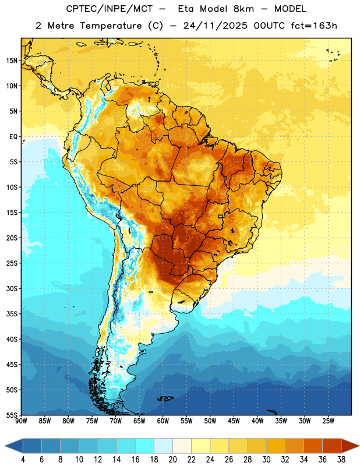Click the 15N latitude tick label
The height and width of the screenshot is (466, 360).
[x=12, y=61]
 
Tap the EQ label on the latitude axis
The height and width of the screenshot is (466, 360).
[x=13, y=137]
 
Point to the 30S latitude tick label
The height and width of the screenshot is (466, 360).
[x=12, y=288]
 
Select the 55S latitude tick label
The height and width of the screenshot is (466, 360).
[x=12, y=415]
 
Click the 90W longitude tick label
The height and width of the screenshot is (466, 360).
[x=21, y=421]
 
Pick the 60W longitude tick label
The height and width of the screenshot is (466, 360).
[x=163, y=421]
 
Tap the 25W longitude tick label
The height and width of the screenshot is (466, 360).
[x=328, y=421]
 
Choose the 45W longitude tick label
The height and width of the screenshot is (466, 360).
[x=234, y=421]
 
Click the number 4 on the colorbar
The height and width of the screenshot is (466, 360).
[x=23, y=460]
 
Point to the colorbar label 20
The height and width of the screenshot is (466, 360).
[x=172, y=460]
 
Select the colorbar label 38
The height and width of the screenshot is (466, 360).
[x=341, y=460]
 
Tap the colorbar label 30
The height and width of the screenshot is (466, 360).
[x=266, y=460]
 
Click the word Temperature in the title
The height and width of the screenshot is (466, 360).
[x=111, y=26]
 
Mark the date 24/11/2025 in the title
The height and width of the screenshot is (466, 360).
[x=215, y=26]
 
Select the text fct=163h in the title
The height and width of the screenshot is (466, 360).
[x=314, y=26]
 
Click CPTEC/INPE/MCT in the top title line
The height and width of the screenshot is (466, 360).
[x=110, y=9]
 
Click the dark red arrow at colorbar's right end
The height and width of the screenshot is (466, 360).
[x=350, y=446]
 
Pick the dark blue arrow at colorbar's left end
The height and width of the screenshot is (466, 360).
[x=14, y=446]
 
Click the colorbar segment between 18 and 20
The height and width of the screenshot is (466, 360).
[x=163, y=446]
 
